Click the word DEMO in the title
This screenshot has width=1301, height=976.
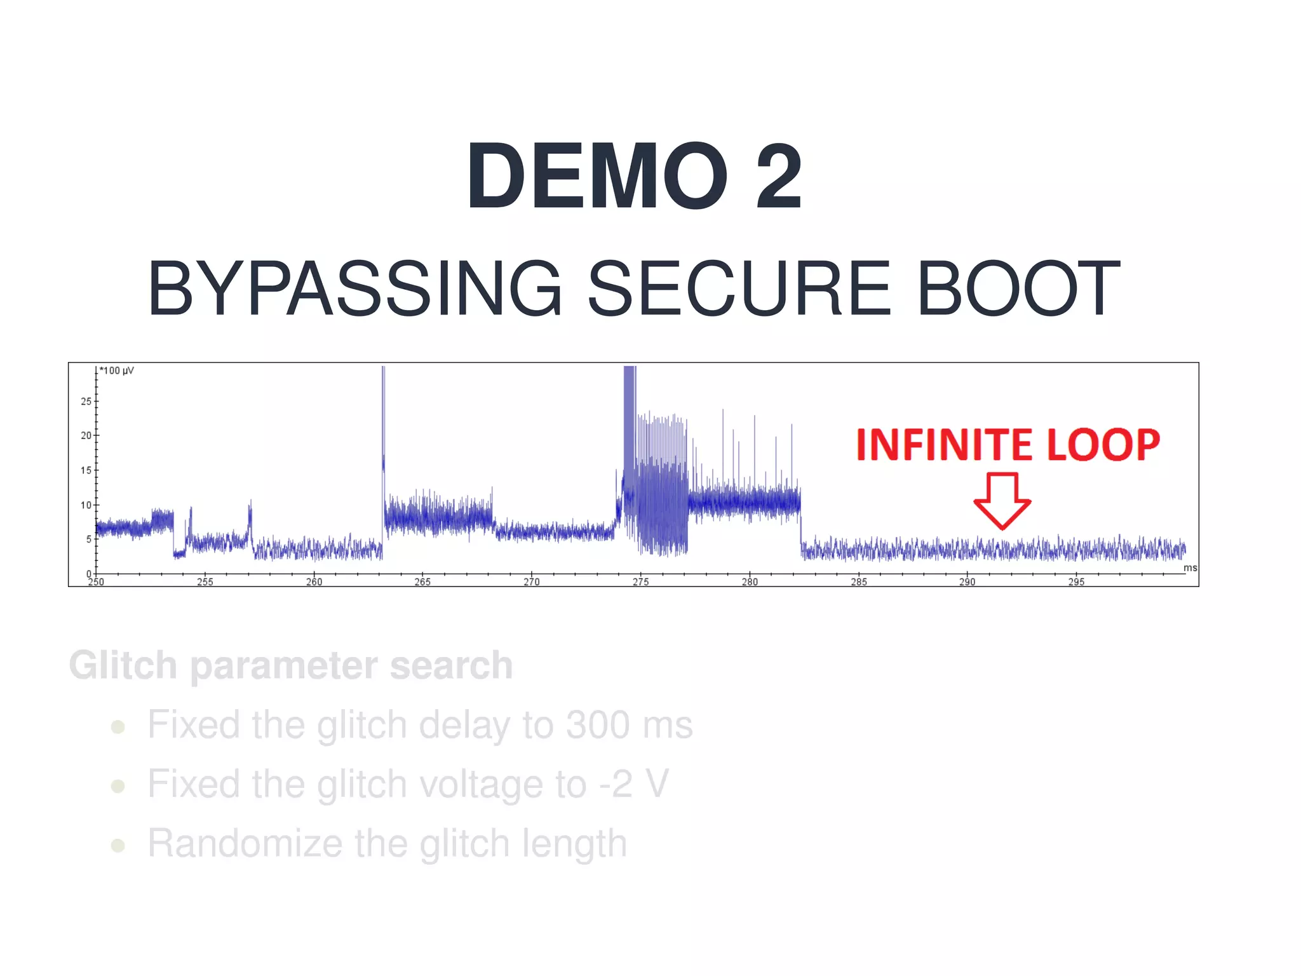pos(597,176)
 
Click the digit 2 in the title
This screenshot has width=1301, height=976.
pos(779,176)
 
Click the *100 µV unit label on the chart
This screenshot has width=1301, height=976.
pos(118,371)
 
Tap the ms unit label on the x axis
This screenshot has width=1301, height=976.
pos(1190,568)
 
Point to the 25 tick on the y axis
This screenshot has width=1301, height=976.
pos(86,402)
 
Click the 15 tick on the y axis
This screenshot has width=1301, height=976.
pos(86,471)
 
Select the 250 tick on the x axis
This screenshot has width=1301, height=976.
pos(96,581)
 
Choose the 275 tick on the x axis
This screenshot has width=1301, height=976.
pos(640,581)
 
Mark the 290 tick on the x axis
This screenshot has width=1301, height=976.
pos(967,581)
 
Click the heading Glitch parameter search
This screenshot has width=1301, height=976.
pos(291,666)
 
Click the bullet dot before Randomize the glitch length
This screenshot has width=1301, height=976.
pos(118,846)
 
